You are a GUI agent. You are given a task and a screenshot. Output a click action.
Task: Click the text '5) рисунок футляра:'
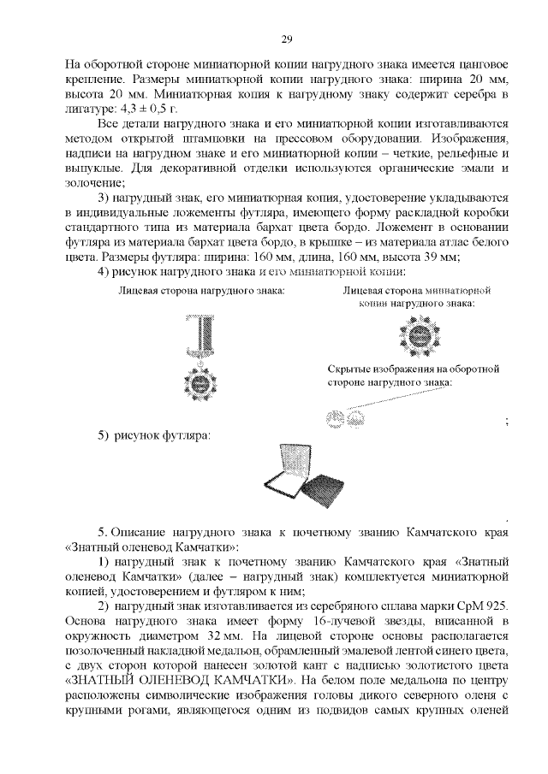(x=154, y=436)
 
